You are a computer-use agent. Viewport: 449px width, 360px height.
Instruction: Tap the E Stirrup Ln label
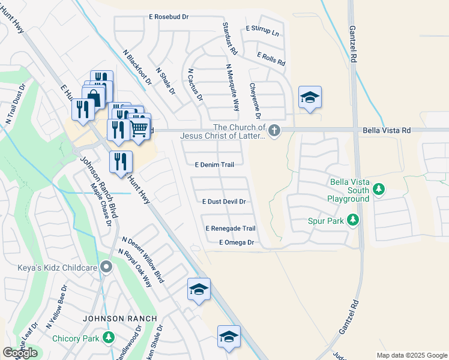click(263, 31)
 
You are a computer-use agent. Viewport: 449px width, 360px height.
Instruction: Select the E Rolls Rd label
click(271, 58)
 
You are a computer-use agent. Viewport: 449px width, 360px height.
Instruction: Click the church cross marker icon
click(274, 130)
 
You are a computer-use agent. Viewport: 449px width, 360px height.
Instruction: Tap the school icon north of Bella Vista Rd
click(310, 98)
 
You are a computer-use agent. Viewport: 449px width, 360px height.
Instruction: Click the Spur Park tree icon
click(352, 221)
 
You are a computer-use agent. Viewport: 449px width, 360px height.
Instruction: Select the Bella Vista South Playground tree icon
click(378, 190)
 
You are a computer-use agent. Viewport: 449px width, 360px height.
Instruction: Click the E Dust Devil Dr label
click(224, 202)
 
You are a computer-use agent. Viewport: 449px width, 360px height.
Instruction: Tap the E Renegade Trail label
click(231, 229)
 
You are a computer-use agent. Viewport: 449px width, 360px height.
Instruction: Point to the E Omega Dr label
click(237, 242)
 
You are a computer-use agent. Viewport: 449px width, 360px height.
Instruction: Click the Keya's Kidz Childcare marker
click(107, 266)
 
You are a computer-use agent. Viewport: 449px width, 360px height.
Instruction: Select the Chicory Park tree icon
click(108, 338)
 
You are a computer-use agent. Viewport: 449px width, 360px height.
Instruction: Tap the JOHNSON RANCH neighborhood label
click(120, 319)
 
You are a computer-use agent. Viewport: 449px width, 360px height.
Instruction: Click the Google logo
click(20, 353)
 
